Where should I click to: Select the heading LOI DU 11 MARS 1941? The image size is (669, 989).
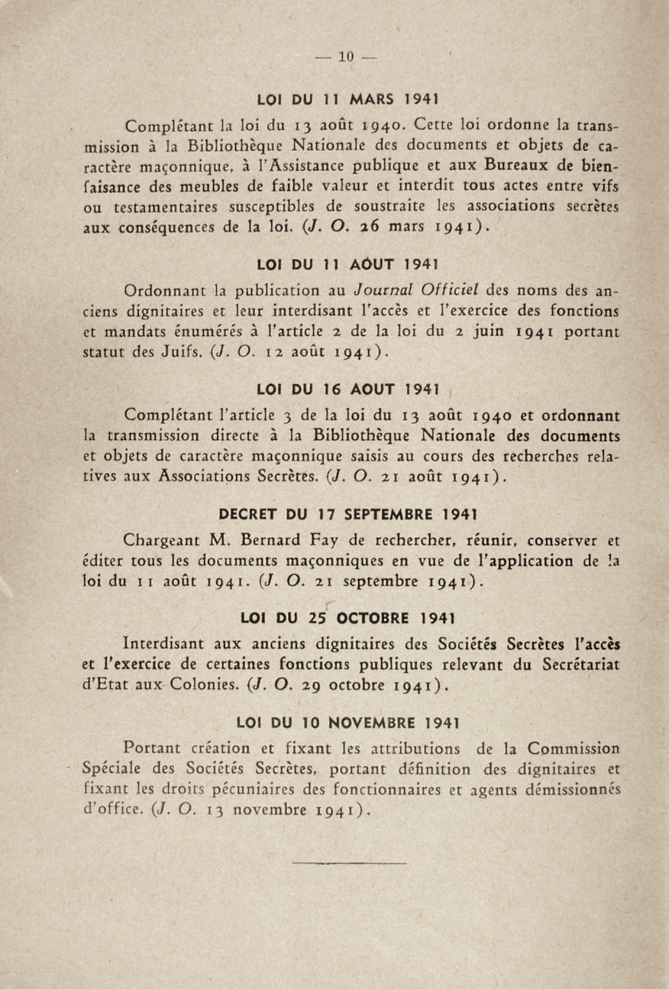pyautogui.click(x=350, y=100)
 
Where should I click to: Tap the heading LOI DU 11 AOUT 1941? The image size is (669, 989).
pyautogui.click(x=350, y=262)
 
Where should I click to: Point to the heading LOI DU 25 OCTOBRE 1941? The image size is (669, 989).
pyautogui.click(x=350, y=617)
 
